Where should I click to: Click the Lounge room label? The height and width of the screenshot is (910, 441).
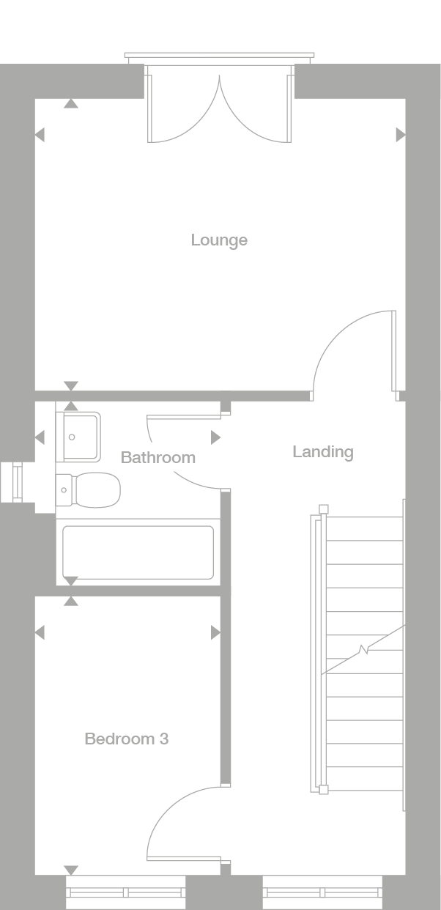coord(219,240)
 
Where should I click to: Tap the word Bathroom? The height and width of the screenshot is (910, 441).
coord(158,458)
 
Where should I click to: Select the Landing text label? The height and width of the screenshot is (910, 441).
coord(323,452)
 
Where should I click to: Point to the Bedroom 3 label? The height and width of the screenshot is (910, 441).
coord(127,739)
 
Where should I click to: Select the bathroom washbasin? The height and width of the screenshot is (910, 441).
coord(79,437)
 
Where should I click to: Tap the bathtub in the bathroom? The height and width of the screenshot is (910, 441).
coord(138,552)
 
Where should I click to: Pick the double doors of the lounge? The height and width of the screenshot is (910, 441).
coord(219,106)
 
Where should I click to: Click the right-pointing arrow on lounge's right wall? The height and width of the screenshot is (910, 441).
coord(401,135)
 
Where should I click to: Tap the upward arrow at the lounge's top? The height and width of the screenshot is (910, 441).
coord(70,104)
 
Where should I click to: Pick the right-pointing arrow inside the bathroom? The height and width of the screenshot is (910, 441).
coord(215,437)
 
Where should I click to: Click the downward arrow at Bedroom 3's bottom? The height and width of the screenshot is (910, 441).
coord(71,870)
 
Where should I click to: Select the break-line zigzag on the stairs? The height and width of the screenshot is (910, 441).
coord(364,649)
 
